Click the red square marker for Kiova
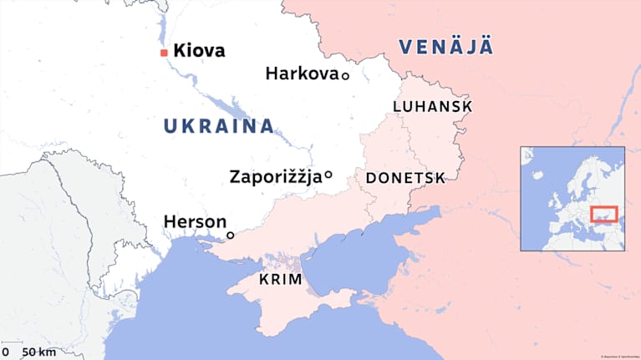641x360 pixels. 164,53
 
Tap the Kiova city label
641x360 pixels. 199,52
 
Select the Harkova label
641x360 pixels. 302,74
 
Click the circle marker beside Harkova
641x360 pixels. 344,75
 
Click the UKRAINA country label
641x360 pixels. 218,126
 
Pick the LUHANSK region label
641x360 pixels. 432,107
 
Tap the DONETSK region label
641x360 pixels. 405,178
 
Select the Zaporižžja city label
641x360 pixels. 275,176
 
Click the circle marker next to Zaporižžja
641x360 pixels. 328,175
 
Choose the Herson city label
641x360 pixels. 195,221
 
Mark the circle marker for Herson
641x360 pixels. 231,236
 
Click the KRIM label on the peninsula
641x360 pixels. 280,280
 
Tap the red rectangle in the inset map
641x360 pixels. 603,215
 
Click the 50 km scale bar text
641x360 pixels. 38,352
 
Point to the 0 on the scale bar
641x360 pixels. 5,352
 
